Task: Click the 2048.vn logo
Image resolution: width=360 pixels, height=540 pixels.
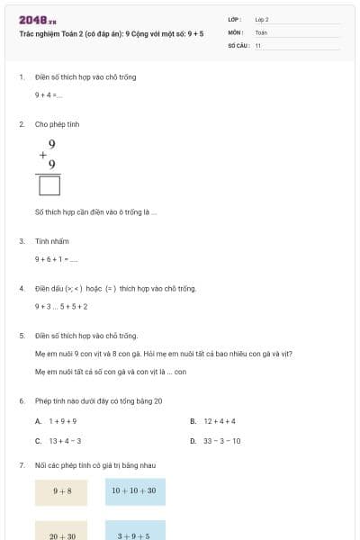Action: (37, 19)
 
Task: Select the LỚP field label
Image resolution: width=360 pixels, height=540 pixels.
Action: (235, 19)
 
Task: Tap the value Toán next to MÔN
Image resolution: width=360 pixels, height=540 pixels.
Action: (261, 31)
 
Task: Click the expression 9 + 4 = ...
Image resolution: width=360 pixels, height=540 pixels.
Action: (48, 94)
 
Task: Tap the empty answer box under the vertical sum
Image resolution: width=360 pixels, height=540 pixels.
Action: (50, 185)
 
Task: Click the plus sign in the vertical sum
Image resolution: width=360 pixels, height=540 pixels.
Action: (42, 154)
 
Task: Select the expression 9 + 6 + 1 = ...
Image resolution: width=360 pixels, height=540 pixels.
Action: (56, 259)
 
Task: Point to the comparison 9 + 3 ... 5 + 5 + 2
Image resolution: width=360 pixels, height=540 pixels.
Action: (61, 306)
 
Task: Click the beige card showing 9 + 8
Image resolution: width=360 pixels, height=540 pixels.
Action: (61, 491)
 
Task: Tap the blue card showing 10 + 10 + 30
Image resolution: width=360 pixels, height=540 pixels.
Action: (135, 491)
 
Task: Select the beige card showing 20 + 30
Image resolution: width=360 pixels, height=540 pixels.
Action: (61, 533)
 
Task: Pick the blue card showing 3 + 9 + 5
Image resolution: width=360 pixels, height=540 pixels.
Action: (135, 533)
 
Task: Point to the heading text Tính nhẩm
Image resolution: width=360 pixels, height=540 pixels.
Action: (52, 241)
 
